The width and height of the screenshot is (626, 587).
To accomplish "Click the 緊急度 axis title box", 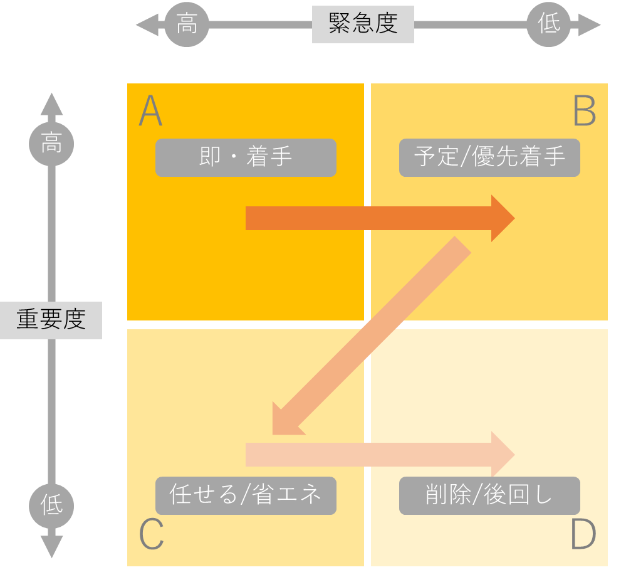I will pos(363,24).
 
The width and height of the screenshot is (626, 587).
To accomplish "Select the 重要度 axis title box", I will pos(51,320).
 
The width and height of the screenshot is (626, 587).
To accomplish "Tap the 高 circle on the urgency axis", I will pos(186,25).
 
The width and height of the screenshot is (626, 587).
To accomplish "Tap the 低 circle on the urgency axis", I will pos(548,25).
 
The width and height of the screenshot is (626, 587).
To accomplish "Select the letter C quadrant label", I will pos(151,535).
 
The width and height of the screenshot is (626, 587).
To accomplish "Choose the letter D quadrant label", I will pos(583,535).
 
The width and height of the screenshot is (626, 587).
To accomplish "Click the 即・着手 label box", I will pos(246,157).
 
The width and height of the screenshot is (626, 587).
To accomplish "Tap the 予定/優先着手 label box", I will pos(489,157).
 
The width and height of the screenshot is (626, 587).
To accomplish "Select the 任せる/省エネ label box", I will pos(246,495).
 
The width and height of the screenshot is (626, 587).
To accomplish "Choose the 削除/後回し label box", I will pos(489,495).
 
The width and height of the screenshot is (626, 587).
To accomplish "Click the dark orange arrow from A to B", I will pos(376,218).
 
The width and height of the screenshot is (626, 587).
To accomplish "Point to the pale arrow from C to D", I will pos(376,454).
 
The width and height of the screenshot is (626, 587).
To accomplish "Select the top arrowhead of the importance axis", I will pos(51,104).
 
